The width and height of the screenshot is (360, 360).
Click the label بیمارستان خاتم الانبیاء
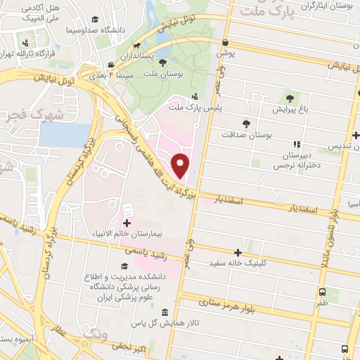(x=127, y=232)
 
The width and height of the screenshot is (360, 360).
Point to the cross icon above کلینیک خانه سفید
(x=238, y=252)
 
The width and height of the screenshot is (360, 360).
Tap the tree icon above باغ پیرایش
(x=289, y=98)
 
